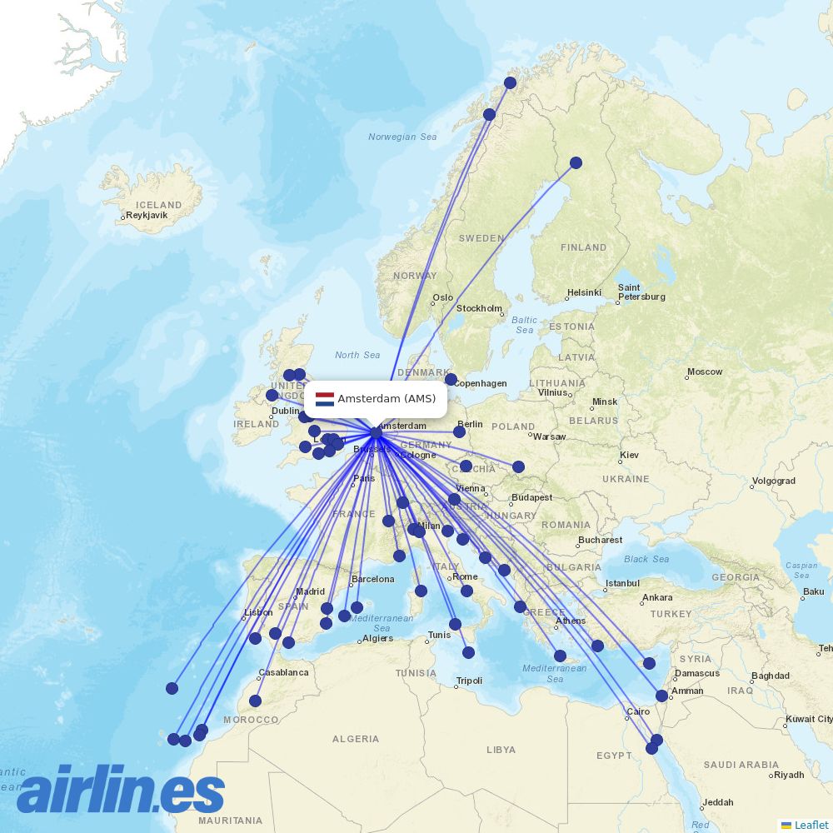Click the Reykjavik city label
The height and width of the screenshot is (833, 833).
click(x=146, y=215)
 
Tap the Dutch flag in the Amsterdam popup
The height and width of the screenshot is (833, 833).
click(x=324, y=399)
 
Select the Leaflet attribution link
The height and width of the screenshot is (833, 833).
click(x=811, y=825)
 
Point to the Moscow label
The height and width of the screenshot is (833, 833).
click(x=705, y=372)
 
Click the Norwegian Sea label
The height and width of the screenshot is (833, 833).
click(x=402, y=137)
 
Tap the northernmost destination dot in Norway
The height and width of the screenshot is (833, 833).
click(x=510, y=82)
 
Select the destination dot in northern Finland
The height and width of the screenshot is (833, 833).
click(x=576, y=162)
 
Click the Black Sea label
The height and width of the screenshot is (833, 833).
click(x=646, y=559)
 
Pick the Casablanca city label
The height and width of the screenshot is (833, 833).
click(x=283, y=672)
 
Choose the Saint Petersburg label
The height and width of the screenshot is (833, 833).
click(x=641, y=292)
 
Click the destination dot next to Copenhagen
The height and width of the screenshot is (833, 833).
click(x=451, y=379)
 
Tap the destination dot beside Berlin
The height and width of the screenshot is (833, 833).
click(x=459, y=431)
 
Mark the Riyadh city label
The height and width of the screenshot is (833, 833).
click(x=788, y=775)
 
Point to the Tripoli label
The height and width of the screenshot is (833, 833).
click(x=469, y=681)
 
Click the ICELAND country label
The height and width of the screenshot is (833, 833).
click(x=158, y=205)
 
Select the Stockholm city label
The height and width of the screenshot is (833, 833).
click(x=479, y=308)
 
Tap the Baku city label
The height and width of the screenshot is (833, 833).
click(x=813, y=592)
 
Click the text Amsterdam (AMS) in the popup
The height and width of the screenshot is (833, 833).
click(x=387, y=399)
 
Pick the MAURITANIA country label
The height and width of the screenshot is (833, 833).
click(x=230, y=821)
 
